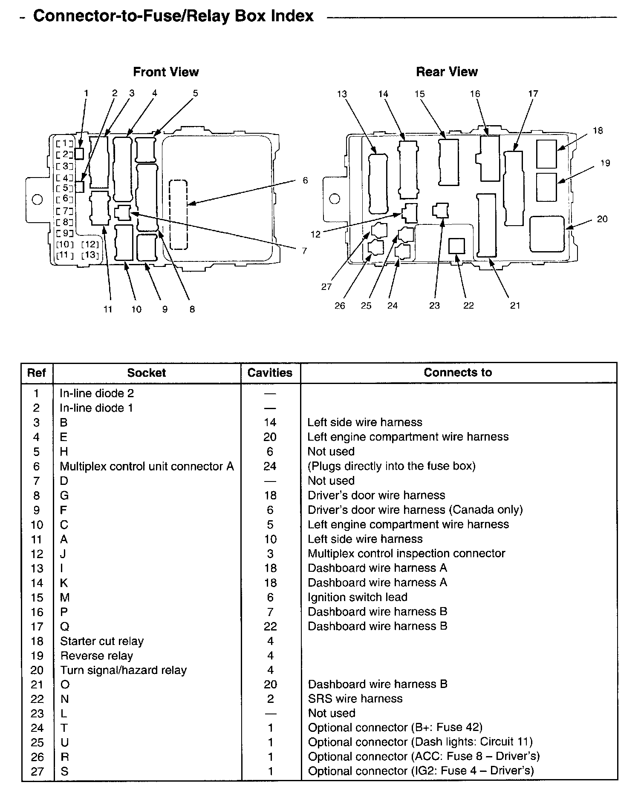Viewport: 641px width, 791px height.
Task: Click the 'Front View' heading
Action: tap(166, 72)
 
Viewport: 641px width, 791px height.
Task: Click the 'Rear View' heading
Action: tap(447, 72)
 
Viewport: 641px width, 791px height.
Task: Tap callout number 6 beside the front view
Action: tap(305, 181)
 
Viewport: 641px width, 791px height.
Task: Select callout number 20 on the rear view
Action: tap(602, 219)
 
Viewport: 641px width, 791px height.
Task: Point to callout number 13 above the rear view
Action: tap(342, 94)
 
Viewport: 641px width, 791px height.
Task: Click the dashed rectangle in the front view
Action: tap(178, 215)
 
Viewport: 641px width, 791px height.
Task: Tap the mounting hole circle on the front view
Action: tap(38, 199)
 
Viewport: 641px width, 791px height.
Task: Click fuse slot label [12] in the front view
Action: tap(90, 244)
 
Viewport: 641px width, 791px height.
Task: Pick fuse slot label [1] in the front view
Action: tap(65, 143)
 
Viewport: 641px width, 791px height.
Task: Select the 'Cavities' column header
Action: tap(270, 373)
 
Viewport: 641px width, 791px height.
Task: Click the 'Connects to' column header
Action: tap(458, 373)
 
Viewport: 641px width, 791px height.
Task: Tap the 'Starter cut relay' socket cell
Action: tap(102, 641)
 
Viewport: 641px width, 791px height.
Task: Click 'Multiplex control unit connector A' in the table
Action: tap(147, 467)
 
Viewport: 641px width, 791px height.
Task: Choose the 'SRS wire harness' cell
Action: tap(355, 699)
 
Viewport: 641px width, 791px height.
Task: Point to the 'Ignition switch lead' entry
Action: tap(358, 597)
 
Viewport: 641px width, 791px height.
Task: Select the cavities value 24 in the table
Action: tap(270, 467)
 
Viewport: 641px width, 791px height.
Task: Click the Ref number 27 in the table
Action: tap(37, 771)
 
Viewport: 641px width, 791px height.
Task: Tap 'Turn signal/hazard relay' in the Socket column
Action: tap(124, 671)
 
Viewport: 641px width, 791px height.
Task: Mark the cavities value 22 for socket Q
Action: tap(270, 627)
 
